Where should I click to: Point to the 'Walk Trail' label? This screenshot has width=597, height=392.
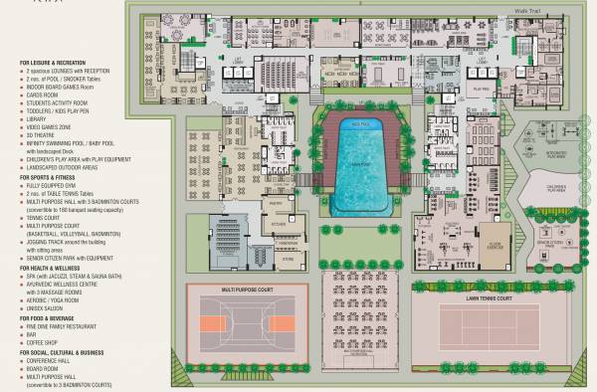point(527,9)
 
